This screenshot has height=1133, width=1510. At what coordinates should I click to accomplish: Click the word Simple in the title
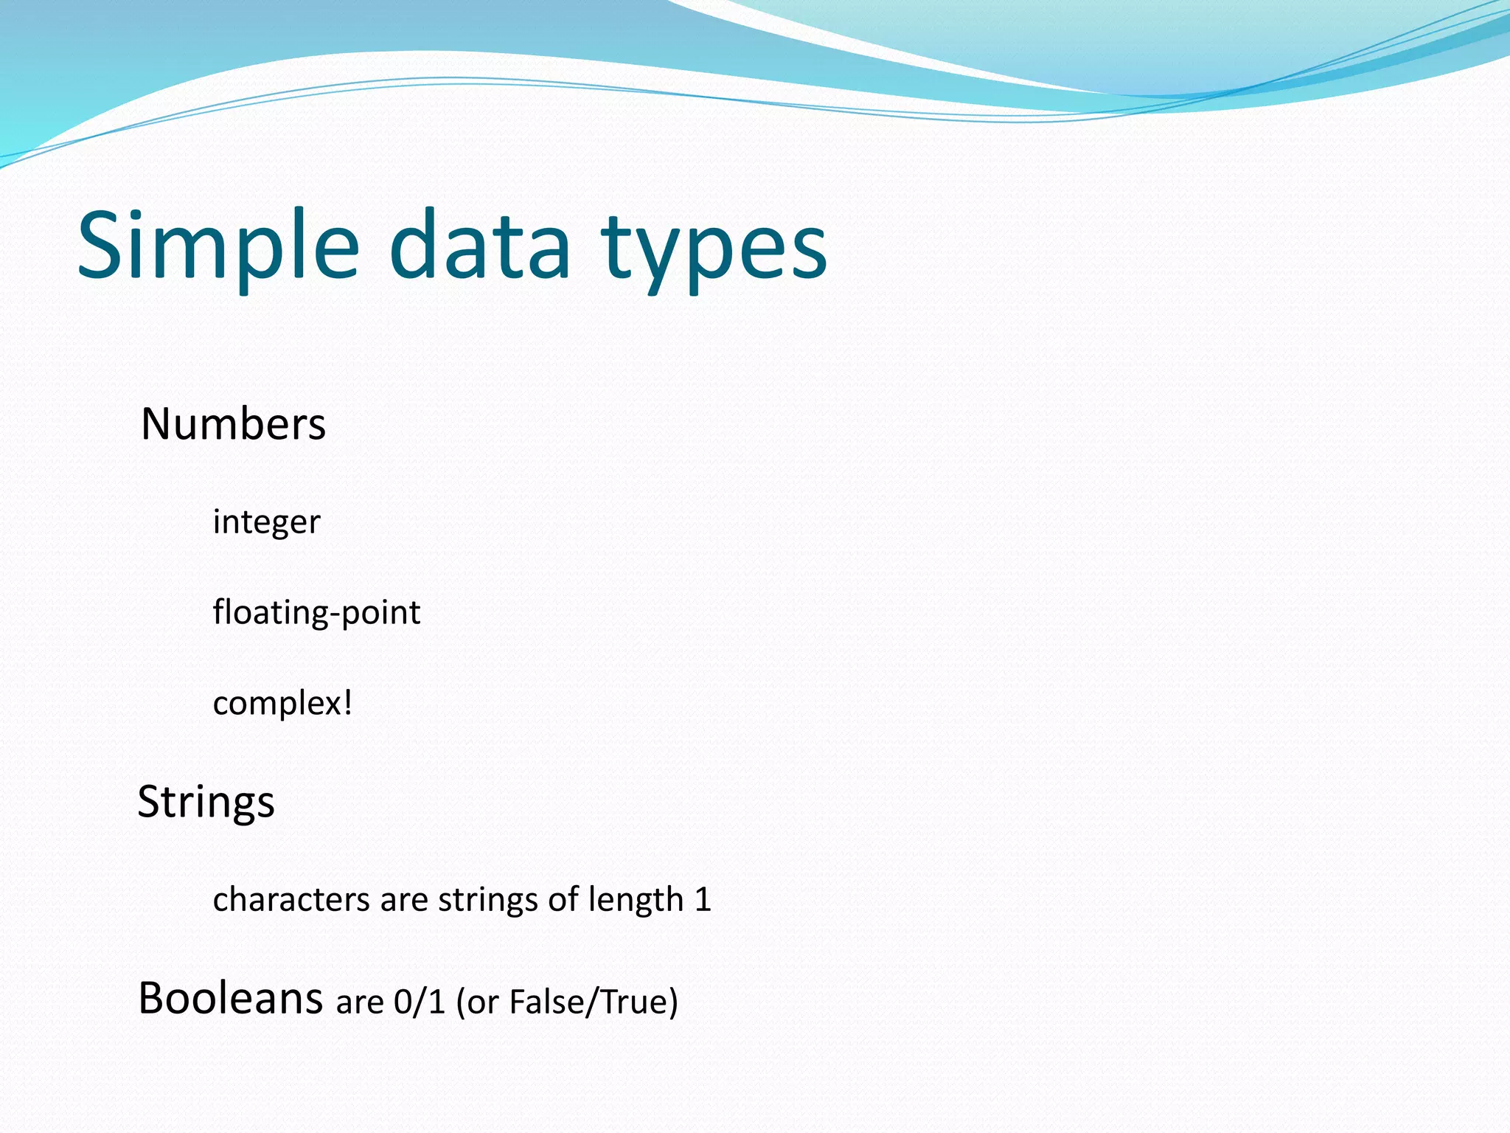click(218, 247)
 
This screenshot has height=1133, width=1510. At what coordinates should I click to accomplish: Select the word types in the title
click(714, 251)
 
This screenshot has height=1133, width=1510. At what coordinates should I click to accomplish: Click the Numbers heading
click(233, 424)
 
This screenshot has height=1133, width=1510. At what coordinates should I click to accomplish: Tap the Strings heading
click(206, 803)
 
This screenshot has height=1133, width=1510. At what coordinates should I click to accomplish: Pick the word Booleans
click(230, 999)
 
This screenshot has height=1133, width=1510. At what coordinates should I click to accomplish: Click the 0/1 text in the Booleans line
click(420, 1002)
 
